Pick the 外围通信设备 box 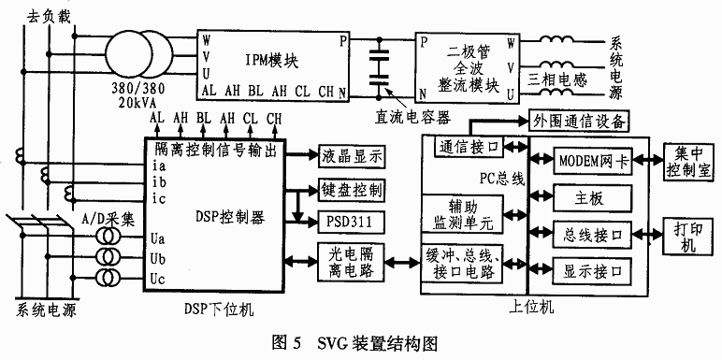[x=578, y=121]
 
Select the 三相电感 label [x=558, y=79]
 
